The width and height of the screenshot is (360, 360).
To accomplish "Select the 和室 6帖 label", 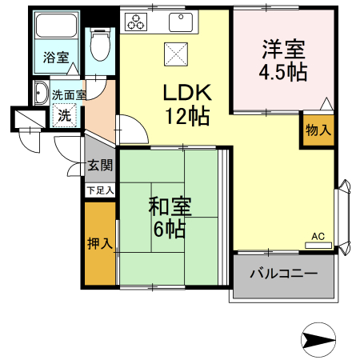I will click(x=169, y=217).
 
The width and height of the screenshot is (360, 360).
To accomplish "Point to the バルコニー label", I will click(x=282, y=274).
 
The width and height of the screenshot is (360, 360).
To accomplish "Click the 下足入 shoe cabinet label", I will click(x=101, y=190).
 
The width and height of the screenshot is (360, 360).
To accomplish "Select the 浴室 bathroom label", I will click(x=56, y=58).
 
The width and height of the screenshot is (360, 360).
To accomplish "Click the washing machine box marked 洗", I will click(x=62, y=114).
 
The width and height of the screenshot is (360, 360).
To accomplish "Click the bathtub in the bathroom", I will click(x=56, y=32).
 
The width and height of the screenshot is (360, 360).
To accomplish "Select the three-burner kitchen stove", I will click(x=137, y=22).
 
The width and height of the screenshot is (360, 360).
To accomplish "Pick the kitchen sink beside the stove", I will click(x=178, y=22).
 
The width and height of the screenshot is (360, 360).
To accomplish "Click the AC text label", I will click(x=318, y=236).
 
